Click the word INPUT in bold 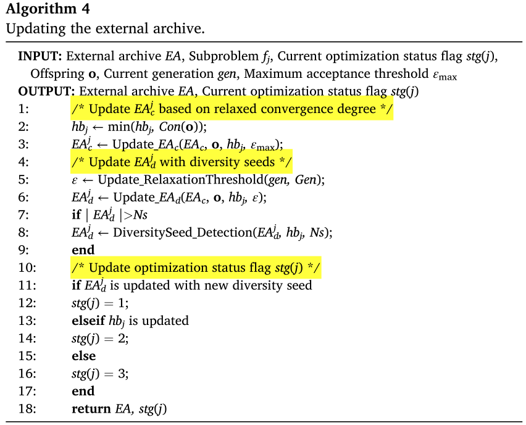coord(40,56)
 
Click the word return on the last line coord(91,408)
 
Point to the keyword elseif coord(88,321)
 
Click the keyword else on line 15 coord(83,356)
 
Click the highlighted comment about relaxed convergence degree coord(232,109)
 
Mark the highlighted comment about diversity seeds coord(181,162)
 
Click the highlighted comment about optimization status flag coord(196,269)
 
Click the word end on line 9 coord(83,250)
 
